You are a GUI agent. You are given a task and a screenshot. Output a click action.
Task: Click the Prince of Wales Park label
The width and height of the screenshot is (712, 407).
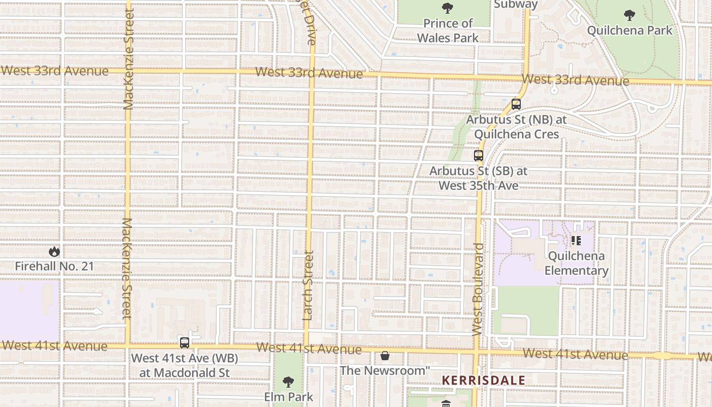pos(448,31)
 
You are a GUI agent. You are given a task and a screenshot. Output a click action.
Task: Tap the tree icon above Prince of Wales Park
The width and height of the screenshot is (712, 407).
pos(448,8)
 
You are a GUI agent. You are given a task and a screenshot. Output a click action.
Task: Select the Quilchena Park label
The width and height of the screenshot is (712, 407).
pos(630,31)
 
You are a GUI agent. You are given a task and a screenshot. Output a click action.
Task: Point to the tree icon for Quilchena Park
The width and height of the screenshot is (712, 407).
pos(630,15)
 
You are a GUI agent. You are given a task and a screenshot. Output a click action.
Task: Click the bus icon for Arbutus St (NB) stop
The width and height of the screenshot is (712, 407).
pos(516,104)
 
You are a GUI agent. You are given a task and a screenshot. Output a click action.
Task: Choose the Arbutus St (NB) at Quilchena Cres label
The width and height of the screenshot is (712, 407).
pos(516,127)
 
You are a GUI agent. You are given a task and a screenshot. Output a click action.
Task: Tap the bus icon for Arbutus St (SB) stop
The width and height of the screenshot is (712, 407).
pos(478,156)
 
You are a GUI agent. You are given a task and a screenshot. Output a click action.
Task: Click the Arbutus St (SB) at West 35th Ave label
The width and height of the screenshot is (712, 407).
pos(479,178)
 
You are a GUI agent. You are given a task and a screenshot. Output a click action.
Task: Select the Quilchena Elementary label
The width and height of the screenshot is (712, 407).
pos(576,263)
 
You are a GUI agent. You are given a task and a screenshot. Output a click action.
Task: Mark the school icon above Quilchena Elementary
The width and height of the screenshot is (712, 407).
pos(576,241)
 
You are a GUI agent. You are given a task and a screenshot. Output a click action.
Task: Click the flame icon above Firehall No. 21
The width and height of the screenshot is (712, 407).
pos(54,251)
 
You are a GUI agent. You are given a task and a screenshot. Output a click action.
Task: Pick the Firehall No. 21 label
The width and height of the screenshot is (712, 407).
pos(54,266)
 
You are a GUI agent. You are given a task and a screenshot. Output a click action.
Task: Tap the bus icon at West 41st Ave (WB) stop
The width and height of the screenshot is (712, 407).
pos(185,342)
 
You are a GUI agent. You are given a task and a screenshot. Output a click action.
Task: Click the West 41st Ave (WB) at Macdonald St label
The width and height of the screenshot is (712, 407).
pos(185,365)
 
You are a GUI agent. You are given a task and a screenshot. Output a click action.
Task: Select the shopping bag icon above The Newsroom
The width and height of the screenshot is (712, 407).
pos(385,355)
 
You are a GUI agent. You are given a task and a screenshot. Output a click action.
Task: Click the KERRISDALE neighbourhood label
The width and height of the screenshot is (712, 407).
pos(483,381)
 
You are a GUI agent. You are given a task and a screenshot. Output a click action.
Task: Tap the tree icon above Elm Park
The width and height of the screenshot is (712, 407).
pos(288,382)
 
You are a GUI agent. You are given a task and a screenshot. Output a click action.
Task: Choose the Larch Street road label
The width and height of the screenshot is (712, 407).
pos(308,285)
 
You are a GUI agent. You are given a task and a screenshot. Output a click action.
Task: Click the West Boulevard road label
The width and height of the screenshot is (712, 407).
pos(478,289)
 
